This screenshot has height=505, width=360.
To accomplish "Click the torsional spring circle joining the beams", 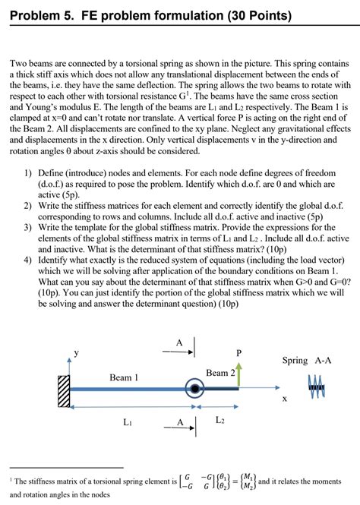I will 195,390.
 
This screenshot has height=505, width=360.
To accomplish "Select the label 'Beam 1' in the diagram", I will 124,377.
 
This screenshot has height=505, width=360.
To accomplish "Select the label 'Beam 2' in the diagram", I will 221,373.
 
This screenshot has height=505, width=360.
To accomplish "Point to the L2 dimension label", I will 219,420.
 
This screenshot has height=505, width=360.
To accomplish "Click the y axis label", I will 74,353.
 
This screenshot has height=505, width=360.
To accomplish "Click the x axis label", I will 285,398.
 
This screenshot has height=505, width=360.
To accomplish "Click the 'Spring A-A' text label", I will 307,360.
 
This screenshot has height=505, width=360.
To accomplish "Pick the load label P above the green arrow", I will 239,354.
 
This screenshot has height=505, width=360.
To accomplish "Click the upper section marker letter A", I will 179,342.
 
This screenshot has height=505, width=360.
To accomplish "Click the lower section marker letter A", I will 180,422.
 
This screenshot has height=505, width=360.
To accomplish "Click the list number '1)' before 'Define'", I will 27,173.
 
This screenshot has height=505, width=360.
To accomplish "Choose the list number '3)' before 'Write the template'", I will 27,216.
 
